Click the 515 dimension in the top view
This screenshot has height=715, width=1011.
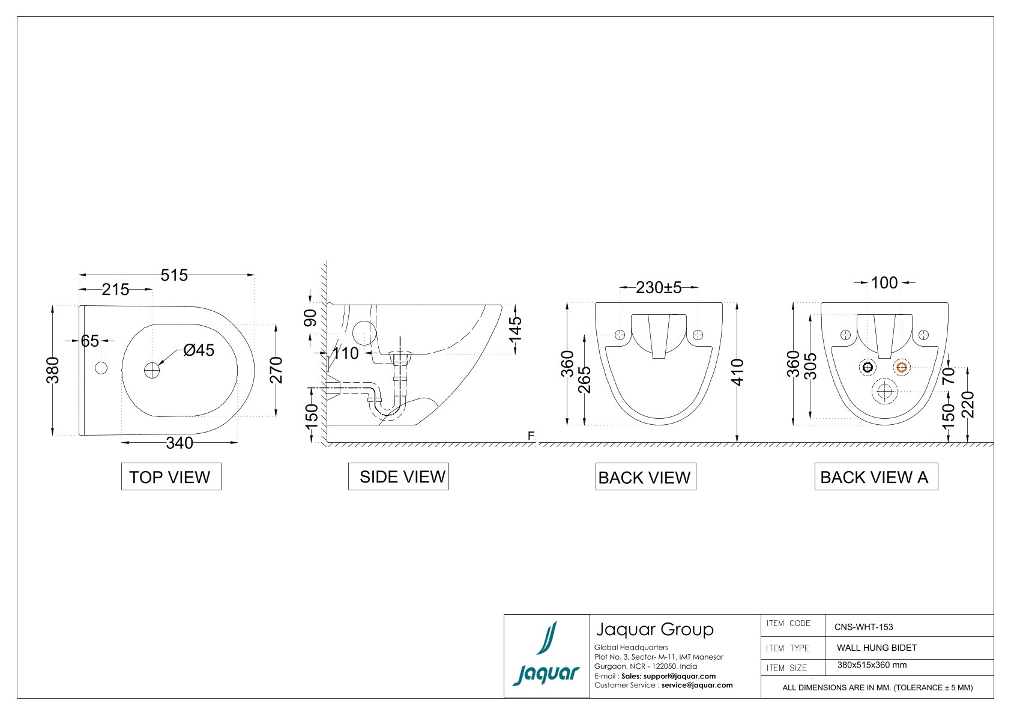(x=174, y=275)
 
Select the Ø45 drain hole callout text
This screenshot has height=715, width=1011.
(x=199, y=350)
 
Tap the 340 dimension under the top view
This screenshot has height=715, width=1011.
(x=179, y=443)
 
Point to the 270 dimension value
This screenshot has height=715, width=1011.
(x=276, y=370)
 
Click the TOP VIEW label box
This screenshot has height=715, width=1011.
(x=171, y=476)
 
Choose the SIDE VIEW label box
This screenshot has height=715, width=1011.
(x=399, y=476)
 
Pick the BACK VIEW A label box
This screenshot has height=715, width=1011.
(x=876, y=476)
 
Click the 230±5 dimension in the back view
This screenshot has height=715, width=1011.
(x=659, y=288)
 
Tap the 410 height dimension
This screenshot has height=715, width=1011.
(x=737, y=373)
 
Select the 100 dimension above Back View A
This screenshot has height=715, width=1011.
(x=884, y=283)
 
